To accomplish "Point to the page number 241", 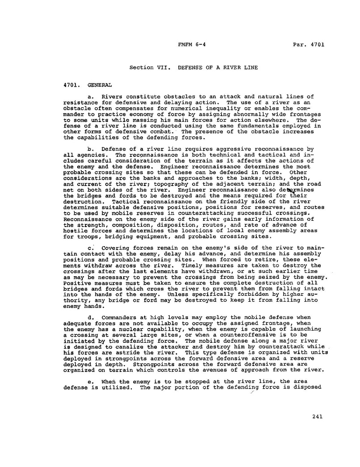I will pos(318,417).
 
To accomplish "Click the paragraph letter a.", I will pos(92,97).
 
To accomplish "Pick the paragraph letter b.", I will pos(92,149).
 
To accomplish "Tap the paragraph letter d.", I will pos(92,317).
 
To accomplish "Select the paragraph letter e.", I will pos(92,369).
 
